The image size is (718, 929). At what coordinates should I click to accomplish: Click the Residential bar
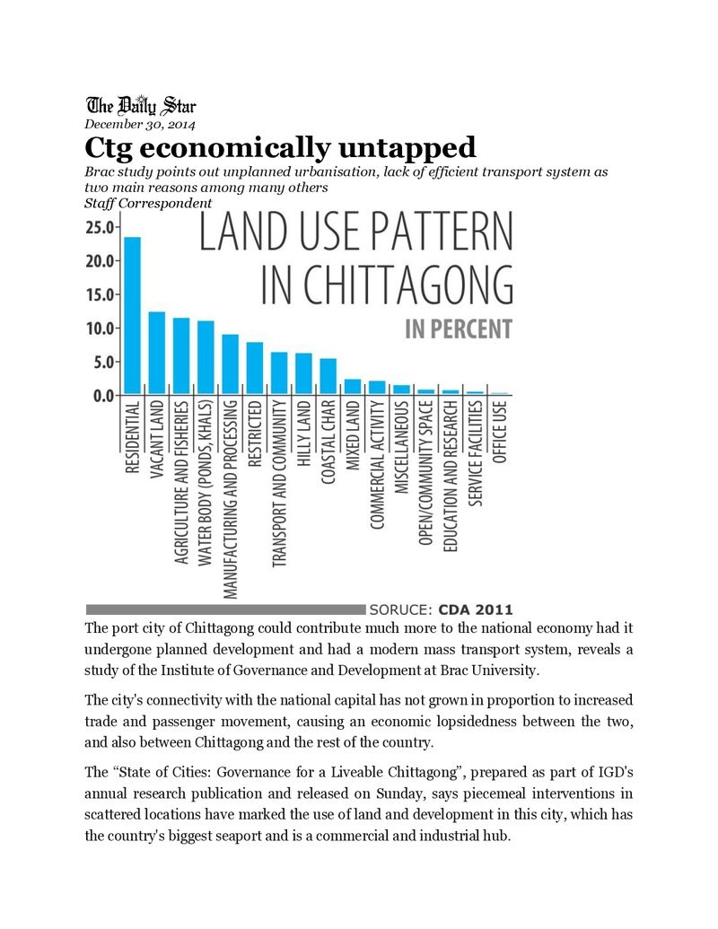coord(132,316)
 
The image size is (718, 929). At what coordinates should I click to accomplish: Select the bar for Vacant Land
coord(157,353)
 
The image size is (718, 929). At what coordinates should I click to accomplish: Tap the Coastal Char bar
coord(328,377)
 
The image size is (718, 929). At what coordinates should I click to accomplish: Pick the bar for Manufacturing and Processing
coord(231,364)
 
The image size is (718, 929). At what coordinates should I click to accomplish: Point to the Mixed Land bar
coord(353,387)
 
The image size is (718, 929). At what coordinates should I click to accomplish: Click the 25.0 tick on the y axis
coord(101,227)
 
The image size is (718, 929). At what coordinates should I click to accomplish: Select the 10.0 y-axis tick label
coord(101,329)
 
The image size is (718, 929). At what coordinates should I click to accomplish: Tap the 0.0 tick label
coord(104,396)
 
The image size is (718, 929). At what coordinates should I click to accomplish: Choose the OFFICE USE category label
coord(499,432)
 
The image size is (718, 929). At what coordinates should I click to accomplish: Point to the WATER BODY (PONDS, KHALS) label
coord(205,483)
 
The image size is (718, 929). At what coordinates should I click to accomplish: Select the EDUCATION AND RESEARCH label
coord(451,477)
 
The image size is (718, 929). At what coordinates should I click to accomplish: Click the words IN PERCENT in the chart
coord(459,329)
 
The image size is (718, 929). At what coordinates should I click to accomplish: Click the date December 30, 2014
coord(140,125)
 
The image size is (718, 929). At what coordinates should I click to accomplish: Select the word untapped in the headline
coord(407,147)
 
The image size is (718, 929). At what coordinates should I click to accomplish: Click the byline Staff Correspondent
coord(148,203)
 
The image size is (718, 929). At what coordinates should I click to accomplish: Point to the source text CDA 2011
coord(475,609)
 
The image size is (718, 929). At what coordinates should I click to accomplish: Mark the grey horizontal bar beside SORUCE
coord(225,609)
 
